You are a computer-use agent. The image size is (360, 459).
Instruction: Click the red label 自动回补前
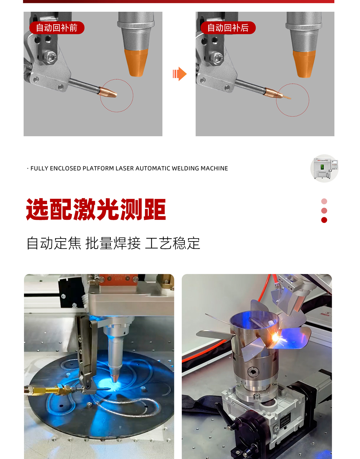click(57, 28)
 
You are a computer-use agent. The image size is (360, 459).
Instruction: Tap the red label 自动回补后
click(228, 28)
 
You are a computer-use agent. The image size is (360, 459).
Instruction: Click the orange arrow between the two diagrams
click(180, 74)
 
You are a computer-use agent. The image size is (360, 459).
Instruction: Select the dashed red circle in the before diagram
click(116, 95)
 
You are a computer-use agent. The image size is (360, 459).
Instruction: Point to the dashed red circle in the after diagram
click(292, 100)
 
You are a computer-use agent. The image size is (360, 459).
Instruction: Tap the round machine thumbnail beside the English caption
click(324, 168)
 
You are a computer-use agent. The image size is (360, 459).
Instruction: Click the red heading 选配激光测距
click(96, 209)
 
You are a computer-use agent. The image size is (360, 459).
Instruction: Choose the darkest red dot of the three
click(324, 220)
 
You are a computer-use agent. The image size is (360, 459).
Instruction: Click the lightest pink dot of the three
click(324, 201)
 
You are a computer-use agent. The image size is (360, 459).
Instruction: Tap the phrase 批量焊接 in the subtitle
click(113, 243)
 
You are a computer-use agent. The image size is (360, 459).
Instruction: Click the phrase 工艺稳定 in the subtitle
click(172, 243)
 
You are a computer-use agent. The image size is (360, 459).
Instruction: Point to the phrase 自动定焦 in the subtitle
click(54, 243)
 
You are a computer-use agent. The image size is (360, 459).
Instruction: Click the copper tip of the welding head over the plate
click(115, 379)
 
